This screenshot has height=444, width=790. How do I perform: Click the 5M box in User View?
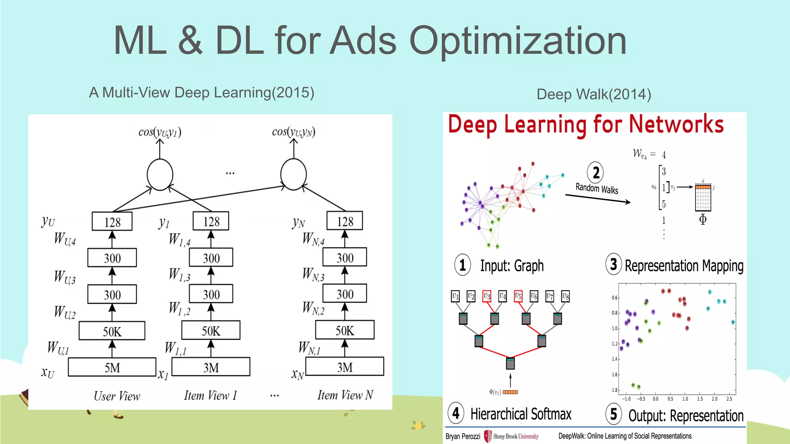112,367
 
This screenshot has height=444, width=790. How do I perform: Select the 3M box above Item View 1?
211,367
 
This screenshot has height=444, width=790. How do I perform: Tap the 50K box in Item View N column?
344,330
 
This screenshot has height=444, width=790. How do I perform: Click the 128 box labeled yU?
112,222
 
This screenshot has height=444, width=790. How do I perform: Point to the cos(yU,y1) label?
160,132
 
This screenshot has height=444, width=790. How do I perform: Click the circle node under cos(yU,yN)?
294,174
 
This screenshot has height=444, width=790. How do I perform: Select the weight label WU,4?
65,239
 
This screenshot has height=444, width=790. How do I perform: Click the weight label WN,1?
309,348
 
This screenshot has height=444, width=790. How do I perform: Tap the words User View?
117,396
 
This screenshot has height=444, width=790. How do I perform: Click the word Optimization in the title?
518,40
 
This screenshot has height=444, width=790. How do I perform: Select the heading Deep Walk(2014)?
594,94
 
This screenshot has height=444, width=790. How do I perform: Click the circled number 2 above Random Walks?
596,172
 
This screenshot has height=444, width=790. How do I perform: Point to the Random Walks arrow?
598,198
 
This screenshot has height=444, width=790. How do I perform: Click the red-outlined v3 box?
487,296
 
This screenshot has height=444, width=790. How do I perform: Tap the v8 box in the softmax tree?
565,296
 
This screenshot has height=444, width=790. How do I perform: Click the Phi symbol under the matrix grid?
703,219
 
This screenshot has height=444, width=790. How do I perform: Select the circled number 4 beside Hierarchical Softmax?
456,413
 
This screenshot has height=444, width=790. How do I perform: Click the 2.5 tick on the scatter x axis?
729,399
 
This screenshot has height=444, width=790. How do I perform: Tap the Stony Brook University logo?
511,436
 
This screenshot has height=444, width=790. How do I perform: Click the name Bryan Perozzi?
463,436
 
